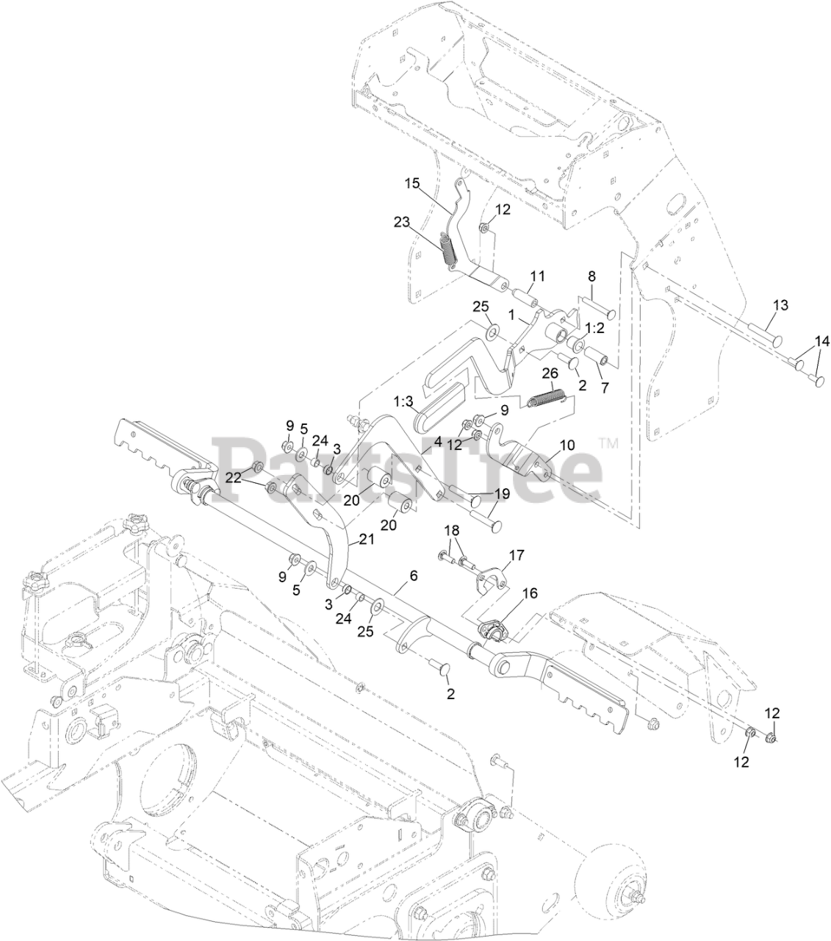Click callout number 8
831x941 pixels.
click(x=591, y=276)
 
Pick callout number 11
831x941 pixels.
click(x=538, y=276)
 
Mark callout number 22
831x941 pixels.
click(x=234, y=477)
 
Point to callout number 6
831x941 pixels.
click(x=414, y=576)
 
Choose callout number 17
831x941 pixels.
click(x=517, y=554)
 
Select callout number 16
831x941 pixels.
click(x=530, y=591)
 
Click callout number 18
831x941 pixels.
click(x=451, y=530)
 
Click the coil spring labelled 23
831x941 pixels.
click(x=447, y=249)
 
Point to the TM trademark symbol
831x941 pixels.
click(x=609, y=443)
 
